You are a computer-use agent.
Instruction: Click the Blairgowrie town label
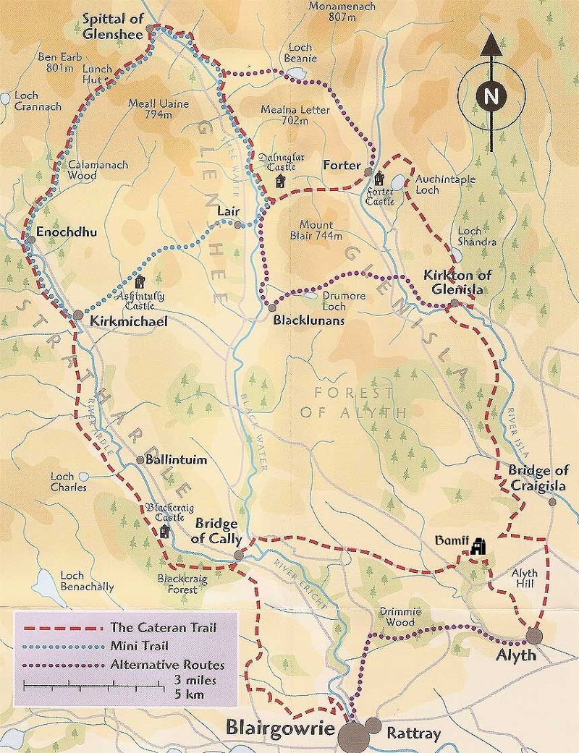[x=280, y=726]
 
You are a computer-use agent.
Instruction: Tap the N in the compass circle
[x=491, y=95]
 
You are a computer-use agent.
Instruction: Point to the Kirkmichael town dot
[x=77, y=315]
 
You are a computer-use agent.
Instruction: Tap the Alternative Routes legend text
[x=168, y=664]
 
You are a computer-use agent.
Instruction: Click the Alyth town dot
[x=534, y=636]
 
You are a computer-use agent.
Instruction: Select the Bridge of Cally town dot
[x=239, y=556]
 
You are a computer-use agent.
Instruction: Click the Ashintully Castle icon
[x=140, y=281]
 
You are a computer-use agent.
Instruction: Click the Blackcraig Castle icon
[x=165, y=532]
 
